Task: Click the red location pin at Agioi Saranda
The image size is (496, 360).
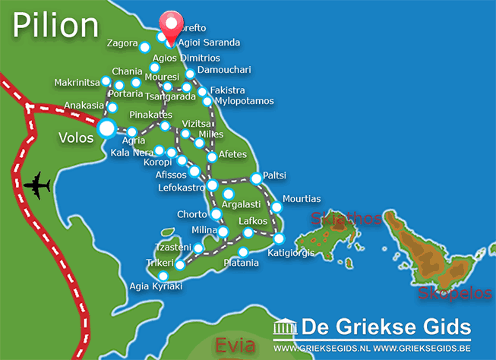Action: click(171, 27)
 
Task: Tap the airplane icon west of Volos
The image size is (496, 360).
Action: click(36, 185)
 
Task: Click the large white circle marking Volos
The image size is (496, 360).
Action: click(107, 128)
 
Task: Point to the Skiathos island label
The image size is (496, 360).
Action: click(346, 219)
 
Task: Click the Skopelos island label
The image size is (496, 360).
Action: click(449, 292)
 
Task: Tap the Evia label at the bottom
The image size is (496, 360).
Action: click(235, 346)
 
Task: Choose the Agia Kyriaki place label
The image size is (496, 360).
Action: click(156, 288)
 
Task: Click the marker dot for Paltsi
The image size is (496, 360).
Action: click(256, 178)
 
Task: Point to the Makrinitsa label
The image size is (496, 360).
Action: click(77, 82)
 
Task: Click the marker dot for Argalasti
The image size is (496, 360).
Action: click(229, 194)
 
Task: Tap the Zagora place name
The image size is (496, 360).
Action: click(122, 43)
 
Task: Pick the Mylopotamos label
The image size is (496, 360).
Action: click(244, 101)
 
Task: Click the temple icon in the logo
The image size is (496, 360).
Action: click(285, 327)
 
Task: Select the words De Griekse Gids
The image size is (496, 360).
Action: click(386, 327)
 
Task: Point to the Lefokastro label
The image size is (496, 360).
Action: click(180, 187)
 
